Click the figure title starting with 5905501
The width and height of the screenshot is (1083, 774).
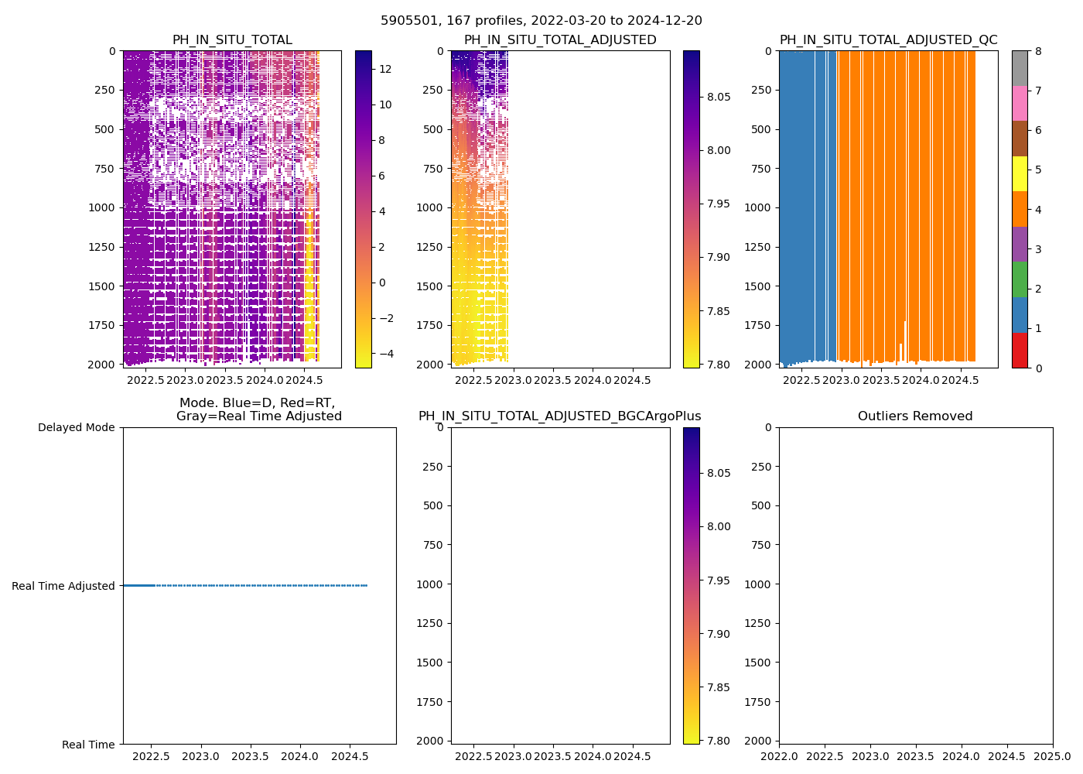541,21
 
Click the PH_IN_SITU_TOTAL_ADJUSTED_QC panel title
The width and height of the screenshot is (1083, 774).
888,40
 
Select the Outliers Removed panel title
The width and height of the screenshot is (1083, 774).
915,416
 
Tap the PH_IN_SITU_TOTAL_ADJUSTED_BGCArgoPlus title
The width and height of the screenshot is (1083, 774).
560,416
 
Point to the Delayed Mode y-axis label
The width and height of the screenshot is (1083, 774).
76,427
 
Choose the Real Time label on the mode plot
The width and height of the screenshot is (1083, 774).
88,745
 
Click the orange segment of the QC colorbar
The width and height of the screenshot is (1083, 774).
1020,209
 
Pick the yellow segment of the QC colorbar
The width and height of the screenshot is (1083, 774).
1020,173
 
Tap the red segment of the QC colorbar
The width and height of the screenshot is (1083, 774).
1020,350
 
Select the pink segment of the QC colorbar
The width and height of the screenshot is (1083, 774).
1020,103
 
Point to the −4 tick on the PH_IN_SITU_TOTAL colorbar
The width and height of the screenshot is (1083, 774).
384,354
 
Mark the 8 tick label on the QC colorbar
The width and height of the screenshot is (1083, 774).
1038,51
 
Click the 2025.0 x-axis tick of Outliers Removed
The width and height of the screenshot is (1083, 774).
1052,755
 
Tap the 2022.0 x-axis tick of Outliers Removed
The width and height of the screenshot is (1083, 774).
779,755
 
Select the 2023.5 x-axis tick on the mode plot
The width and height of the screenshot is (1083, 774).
250,755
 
